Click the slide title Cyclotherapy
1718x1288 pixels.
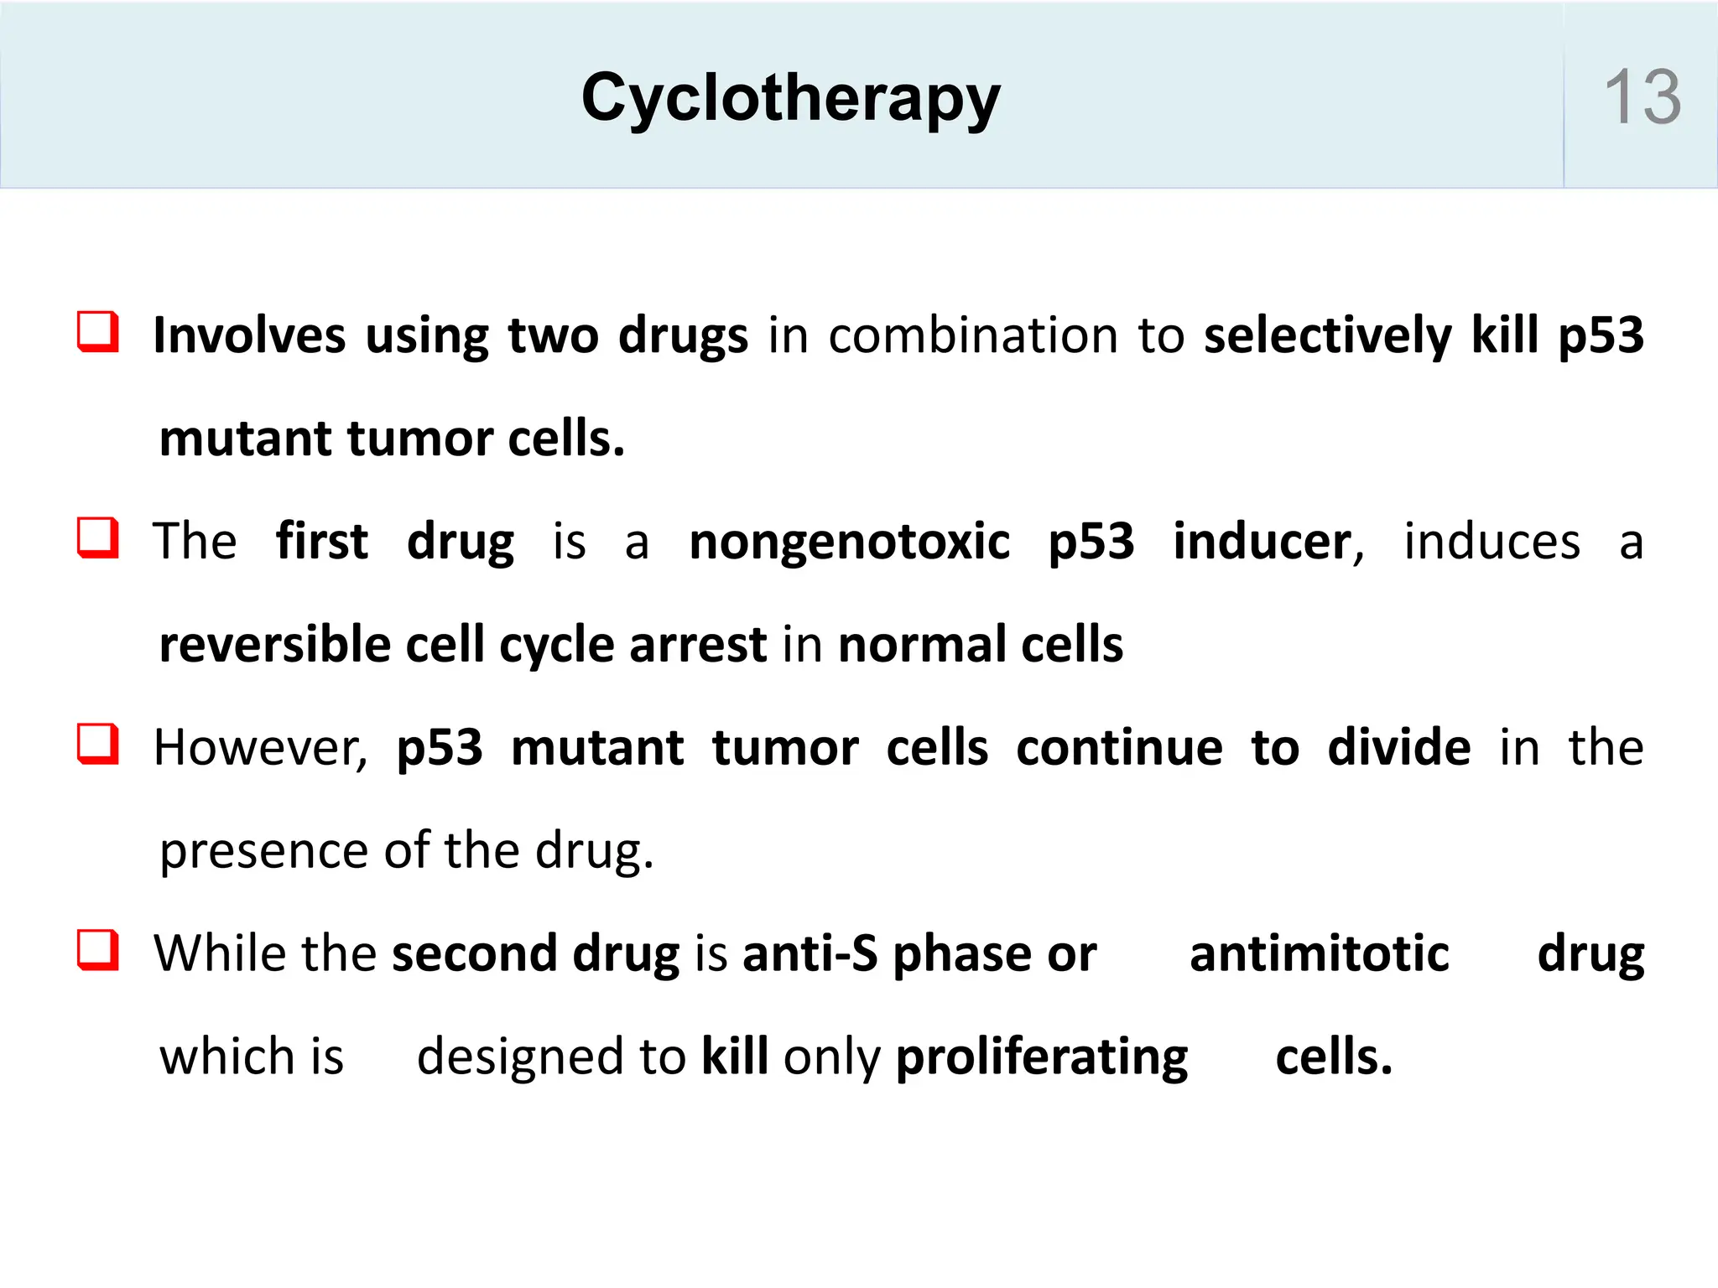[790, 99]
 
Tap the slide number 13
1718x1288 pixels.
[1642, 97]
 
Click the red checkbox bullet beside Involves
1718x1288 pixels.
[98, 332]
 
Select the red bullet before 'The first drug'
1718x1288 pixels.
[98, 538]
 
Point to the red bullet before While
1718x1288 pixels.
[98, 950]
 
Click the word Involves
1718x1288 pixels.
[249, 335]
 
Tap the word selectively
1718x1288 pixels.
[1327, 335]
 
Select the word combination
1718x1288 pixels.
[973, 335]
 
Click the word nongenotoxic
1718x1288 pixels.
[849, 542]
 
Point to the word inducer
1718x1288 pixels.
[1262, 542]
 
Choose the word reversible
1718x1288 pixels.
[275, 645]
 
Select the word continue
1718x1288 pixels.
[1119, 748]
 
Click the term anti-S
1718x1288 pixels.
[810, 954]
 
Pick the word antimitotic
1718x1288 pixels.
[1319, 954]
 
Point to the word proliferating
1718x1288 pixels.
[1042, 1057]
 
